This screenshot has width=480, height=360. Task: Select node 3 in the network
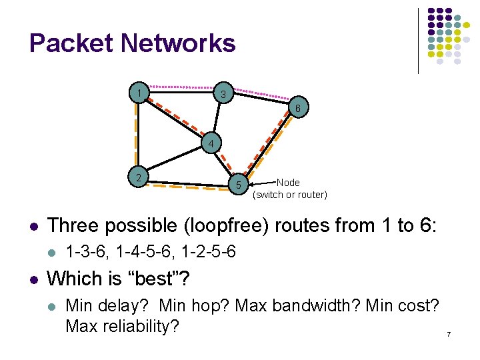pos(225,94)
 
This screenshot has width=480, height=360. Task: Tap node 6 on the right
pos(299,109)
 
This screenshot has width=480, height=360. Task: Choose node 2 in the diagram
pos(138,177)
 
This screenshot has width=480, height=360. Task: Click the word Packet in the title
pos(71,44)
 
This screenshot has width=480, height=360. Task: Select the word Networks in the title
pos(178,44)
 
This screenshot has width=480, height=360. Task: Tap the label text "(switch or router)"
pos(290,195)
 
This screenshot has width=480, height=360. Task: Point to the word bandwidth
pos(316,307)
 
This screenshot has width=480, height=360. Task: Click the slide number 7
pos(449,333)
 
